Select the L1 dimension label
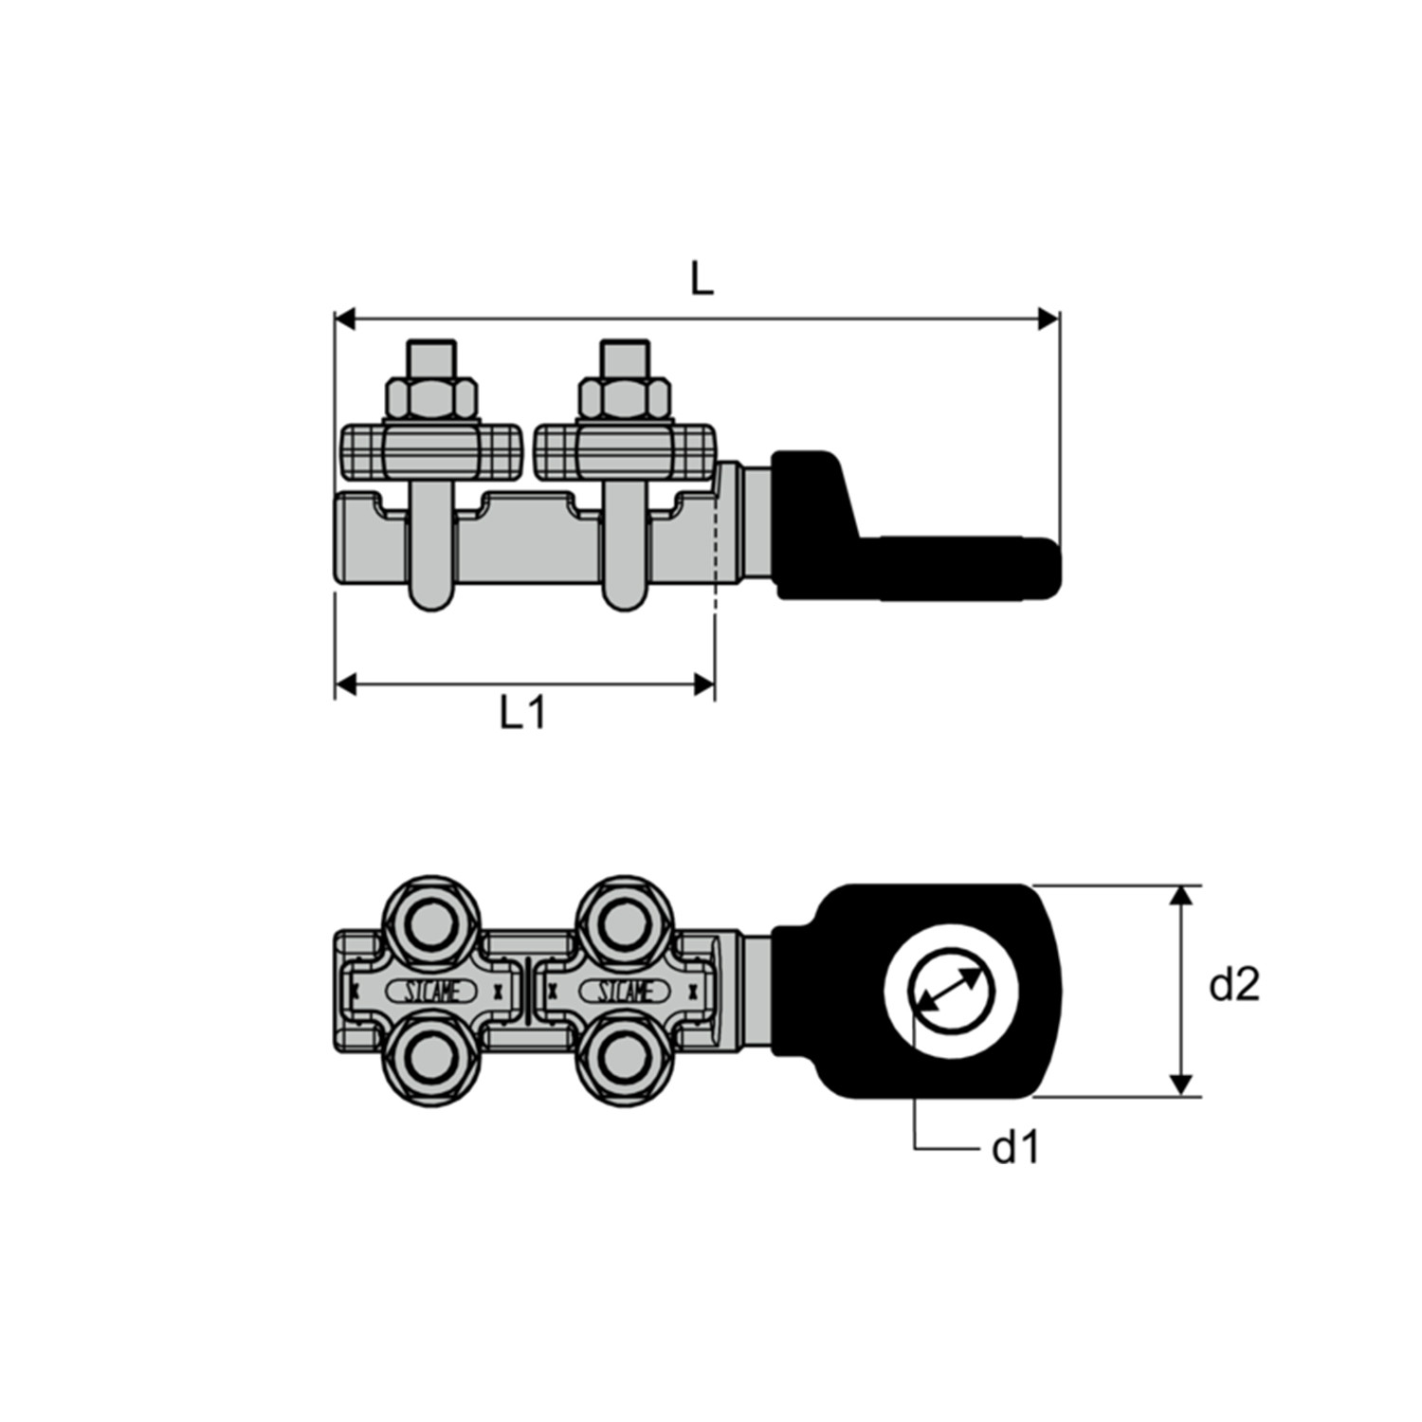coord(523,712)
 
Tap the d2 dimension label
coord(1234,986)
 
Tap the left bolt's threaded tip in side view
coord(431,358)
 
